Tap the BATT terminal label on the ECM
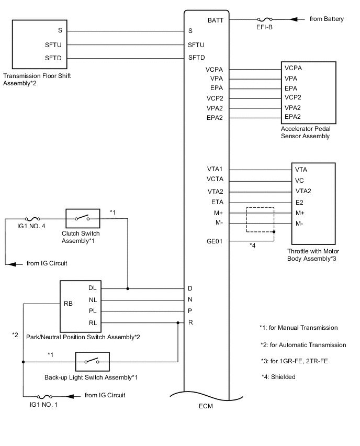216,20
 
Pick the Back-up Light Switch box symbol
92,361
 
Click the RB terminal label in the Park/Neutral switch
68,303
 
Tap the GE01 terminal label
215,242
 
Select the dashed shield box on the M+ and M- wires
261,219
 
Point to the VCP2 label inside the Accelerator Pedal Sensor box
294,97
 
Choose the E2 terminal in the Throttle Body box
299,203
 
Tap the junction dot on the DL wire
128,288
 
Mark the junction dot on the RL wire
178,322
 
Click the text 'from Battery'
327,19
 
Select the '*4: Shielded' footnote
278,376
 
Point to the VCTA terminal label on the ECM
215,180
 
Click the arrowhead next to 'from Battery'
294,19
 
